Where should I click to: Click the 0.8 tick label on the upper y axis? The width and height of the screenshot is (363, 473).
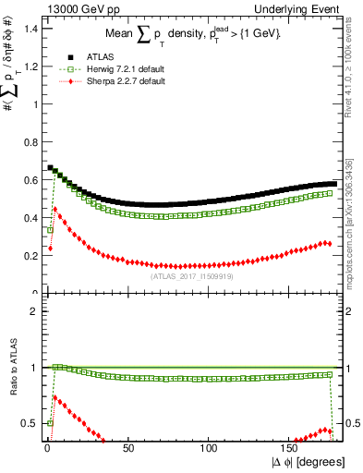click(x=30, y=141)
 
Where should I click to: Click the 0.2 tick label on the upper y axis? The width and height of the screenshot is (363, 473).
click(x=30, y=256)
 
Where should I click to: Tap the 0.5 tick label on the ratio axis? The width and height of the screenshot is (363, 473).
click(x=30, y=423)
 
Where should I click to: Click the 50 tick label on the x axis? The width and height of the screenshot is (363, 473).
click(x=128, y=450)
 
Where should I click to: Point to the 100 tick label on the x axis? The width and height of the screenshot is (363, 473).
click(x=210, y=450)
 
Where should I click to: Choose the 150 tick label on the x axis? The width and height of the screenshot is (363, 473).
click(x=291, y=450)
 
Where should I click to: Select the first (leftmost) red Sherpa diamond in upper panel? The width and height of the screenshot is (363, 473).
click(x=51, y=248)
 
